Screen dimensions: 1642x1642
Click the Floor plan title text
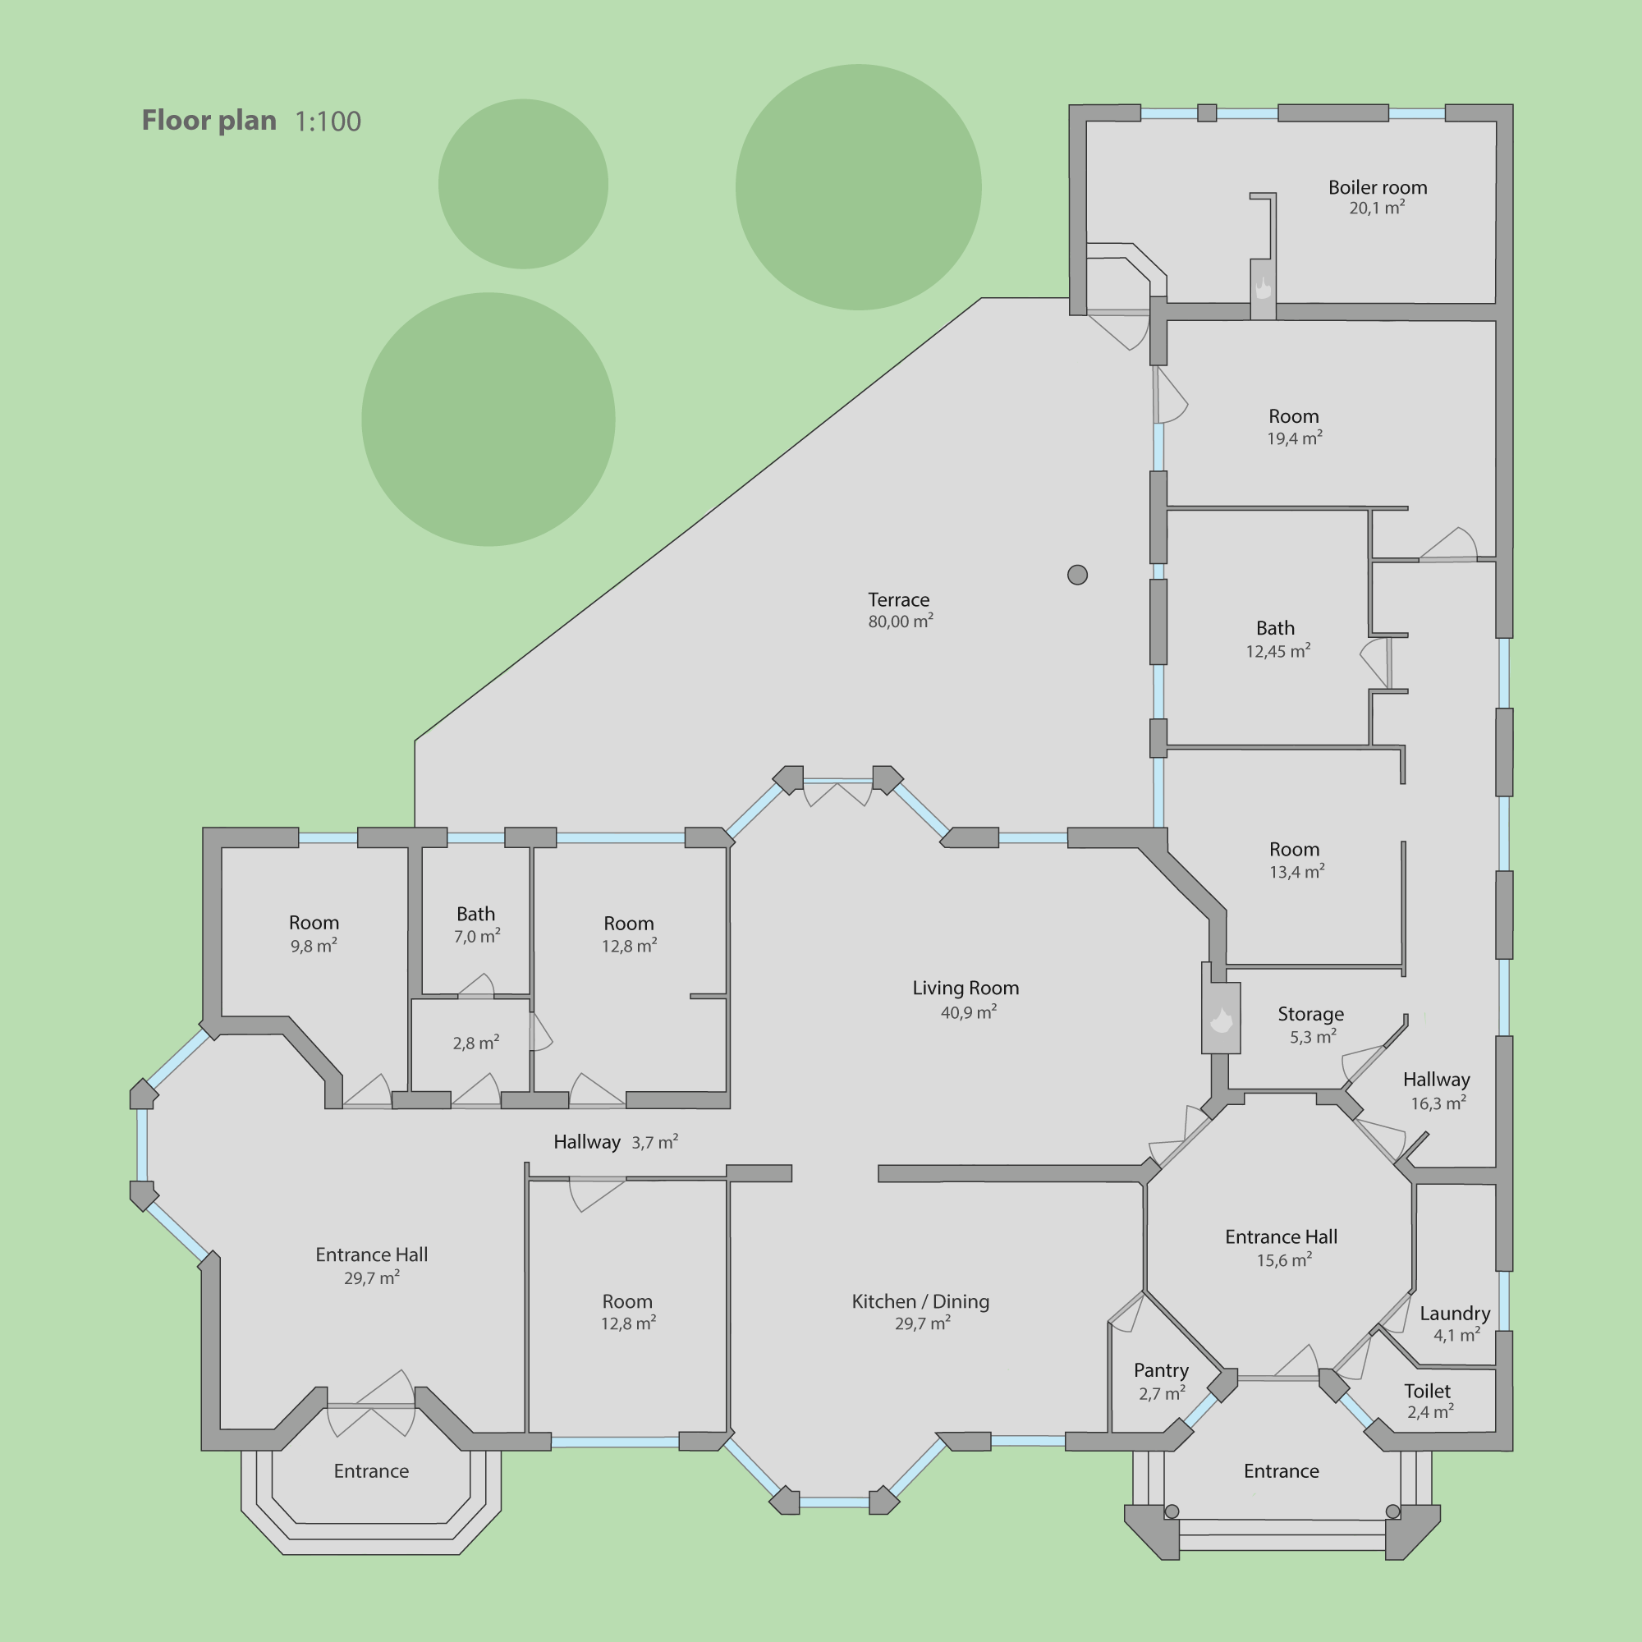(209, 121)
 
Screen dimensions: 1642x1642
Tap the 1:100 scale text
(328, 122)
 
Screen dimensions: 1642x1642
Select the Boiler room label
(1378, 187)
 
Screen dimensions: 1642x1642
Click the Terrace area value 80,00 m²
(901, 621)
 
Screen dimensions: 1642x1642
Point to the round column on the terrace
(1078, 576)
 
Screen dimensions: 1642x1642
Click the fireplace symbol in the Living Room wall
(1222, 1019)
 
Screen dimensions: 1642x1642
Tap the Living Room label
(965, 988)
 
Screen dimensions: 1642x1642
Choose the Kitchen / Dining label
(920, 1301)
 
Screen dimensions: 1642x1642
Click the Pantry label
(1161, 1370)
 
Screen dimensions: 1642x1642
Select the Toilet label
(1428, 1391)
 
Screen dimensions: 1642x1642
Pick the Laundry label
(1455, 1313)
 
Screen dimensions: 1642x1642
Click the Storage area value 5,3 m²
(1313, 1037)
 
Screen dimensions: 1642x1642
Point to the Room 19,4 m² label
(1295, 427)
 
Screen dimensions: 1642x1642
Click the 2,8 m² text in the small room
(476, 1043)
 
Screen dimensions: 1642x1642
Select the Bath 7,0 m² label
(476, 924)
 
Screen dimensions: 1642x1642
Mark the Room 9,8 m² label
(314, 934)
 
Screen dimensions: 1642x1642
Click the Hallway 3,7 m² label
(615, 1141)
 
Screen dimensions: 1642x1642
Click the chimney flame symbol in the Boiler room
(1263, 288)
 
